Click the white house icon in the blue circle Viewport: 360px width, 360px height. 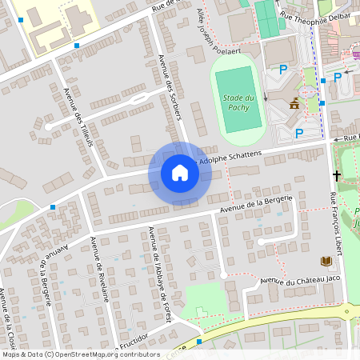coord(180,173)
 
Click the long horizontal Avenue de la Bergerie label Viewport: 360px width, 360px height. coord(257,204)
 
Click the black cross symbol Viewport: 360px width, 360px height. coord(337,174)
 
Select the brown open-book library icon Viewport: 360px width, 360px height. coord(326,261)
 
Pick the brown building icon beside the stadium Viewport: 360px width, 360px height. coord(295,102)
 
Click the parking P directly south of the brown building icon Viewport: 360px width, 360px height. coord(299,134)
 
